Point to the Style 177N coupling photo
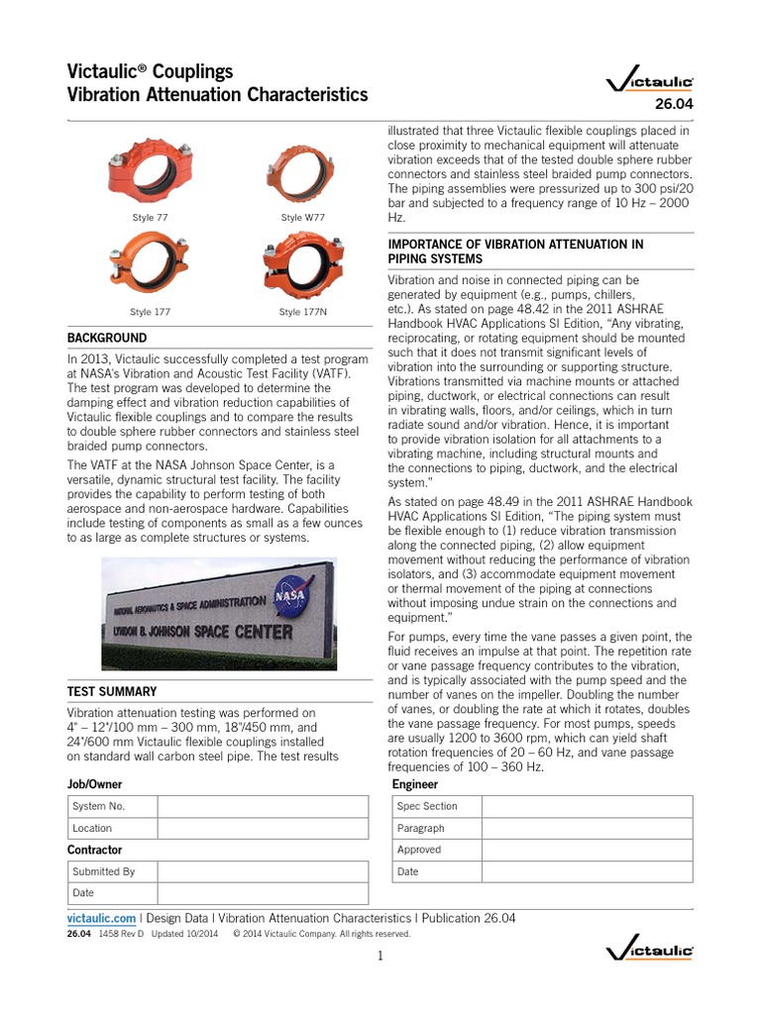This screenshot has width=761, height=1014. pyautogui.click(x=302, y=267)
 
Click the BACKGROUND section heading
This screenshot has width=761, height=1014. pyautogui.click(x=107, y=338)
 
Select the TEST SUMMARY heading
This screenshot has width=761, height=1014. pyautogui.click(x=112, y=691)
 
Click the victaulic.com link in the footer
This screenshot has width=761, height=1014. pyautogui.click(x=101, y=918)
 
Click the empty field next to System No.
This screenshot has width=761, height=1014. pyautogui.click(x=262, y=806)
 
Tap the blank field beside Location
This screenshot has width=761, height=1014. pyautogui.click(x=262, y=828)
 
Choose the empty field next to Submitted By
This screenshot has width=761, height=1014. pyautogui.click(x=262, y=871)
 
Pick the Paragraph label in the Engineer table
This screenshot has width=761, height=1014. pyautogui.click(x=420, y=828)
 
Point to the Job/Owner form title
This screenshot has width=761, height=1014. pyautogui.click(x=95, y=784)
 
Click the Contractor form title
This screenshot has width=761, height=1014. pyautogui.click(x=95, y=850)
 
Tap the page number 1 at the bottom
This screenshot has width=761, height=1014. pyautogui.click(x=380, y=956)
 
